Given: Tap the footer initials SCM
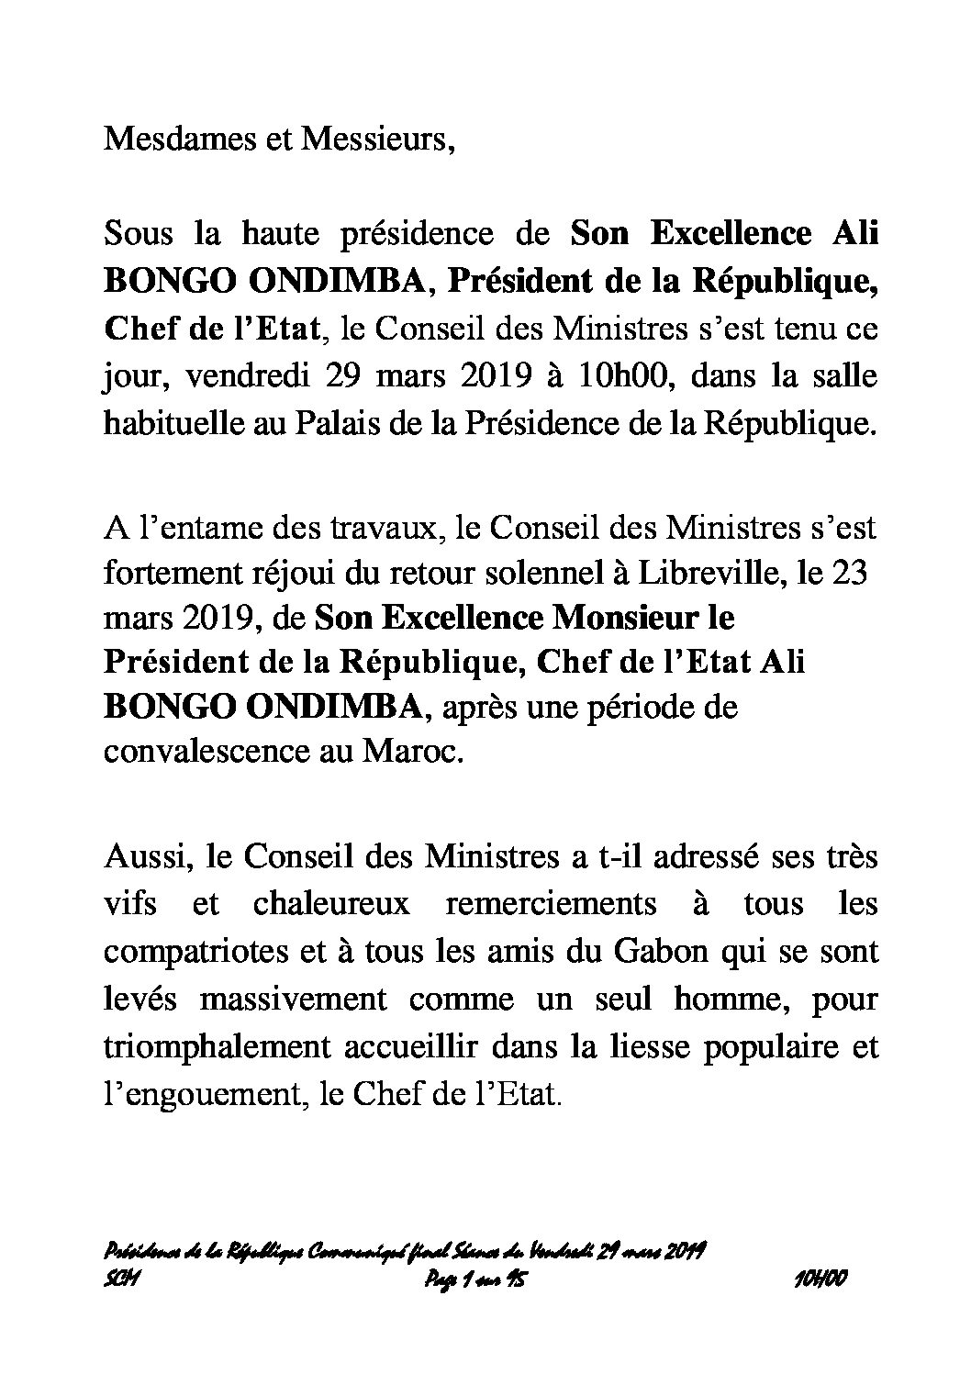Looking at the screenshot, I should [x=123, y=1277].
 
